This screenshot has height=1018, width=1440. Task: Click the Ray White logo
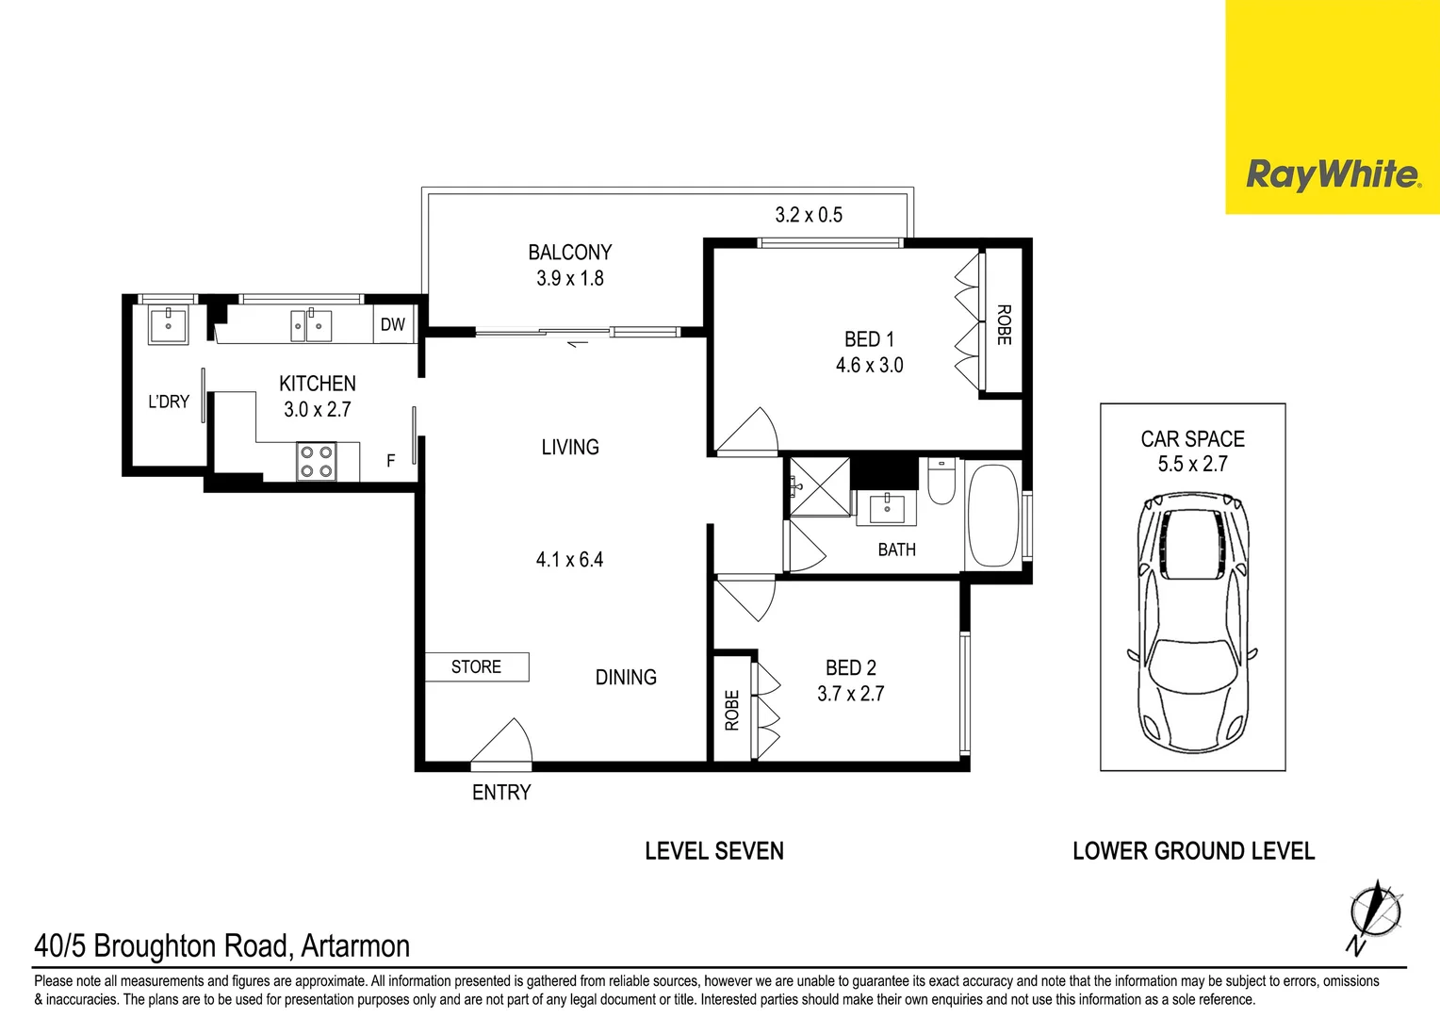[1332, 175]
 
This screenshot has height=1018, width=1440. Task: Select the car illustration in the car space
[1192, 622]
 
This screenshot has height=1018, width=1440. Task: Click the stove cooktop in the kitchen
[316, 462]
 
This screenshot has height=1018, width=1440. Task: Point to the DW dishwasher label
[393, 325]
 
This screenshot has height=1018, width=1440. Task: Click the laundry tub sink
[169, 325]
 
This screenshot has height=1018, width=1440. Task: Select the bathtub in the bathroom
[992, 515]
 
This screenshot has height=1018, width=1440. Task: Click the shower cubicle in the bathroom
[819, 486]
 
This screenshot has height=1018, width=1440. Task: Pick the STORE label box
[476, 667]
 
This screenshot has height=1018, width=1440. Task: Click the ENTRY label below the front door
[501, 793]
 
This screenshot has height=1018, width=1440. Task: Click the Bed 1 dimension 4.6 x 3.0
[869, 366]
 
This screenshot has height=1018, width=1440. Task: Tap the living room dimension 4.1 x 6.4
[569, 560]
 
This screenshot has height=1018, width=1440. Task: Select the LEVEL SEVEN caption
[713, 851]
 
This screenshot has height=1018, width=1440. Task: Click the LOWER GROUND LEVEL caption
[1193, 851]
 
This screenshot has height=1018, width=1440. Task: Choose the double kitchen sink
[311, 327]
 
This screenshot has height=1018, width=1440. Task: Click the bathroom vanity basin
[887, 508]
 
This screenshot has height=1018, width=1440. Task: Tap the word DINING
[626, 678]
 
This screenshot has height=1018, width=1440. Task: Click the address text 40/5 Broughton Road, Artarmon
[222, 945]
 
